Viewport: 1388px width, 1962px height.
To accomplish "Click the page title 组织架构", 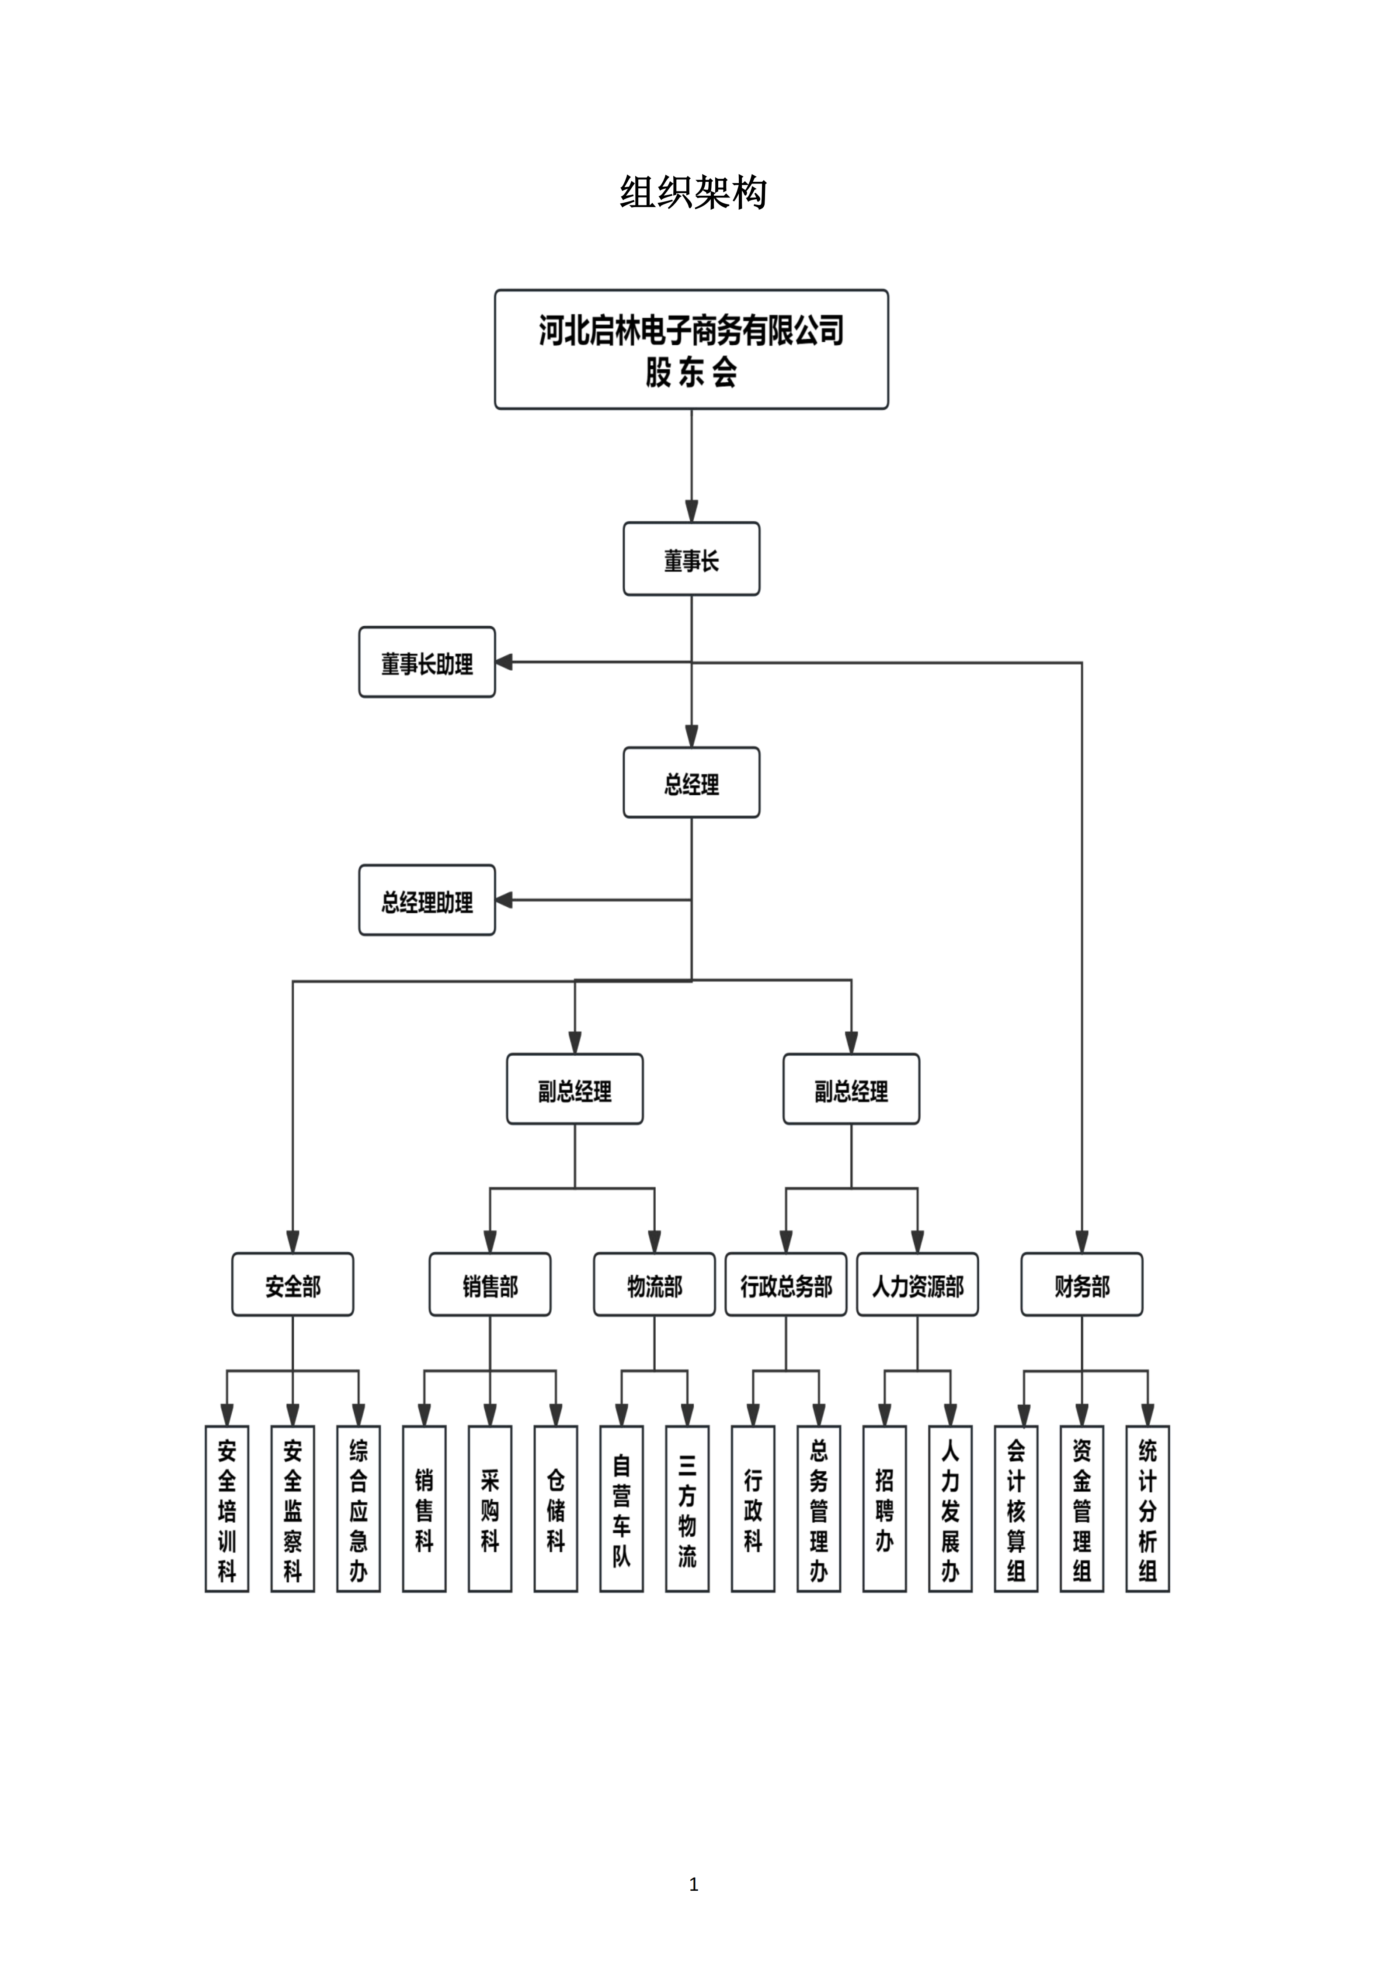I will click(693, 192).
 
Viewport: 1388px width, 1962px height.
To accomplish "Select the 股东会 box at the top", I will click(692, 350).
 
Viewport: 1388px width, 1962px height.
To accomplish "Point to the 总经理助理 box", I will click(427, 901).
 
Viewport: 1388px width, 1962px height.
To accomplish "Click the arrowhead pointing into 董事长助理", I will click(504, 662).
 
